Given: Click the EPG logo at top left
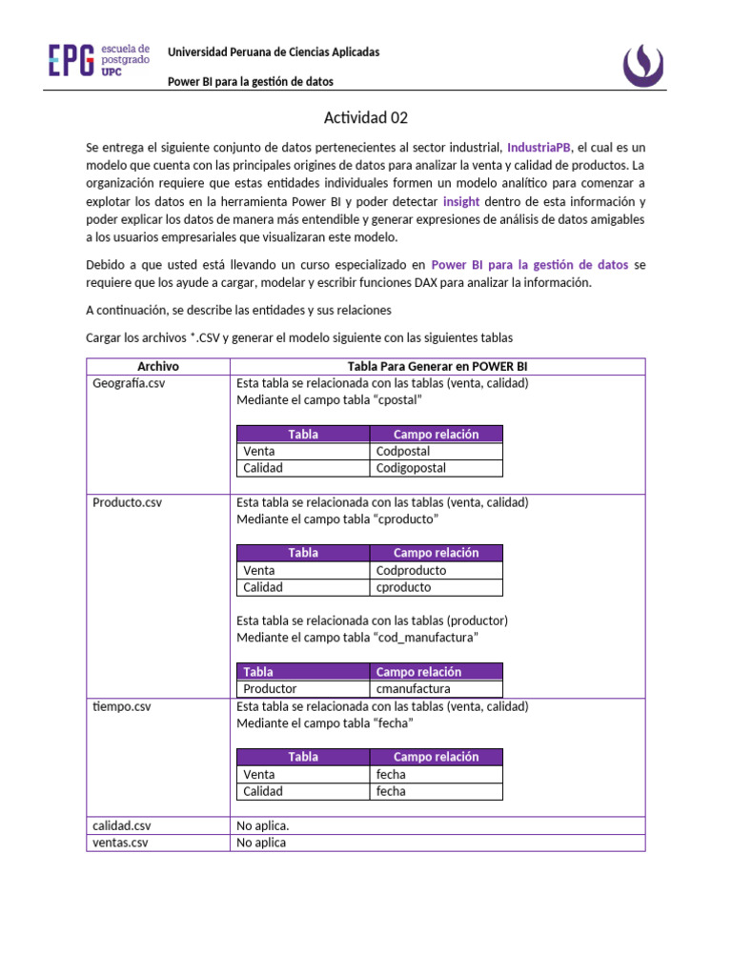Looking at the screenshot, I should tap(99, 60).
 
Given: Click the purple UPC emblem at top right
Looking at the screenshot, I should tap(651, 64).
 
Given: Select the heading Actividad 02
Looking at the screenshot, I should tap(366, 118).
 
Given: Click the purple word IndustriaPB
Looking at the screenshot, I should tap(539, 148).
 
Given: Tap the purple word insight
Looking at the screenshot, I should tap(461, 202).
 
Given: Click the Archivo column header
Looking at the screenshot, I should tap(157, 366).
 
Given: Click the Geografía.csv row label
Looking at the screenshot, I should tap(128, 383).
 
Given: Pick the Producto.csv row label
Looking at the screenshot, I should tap(127, 502).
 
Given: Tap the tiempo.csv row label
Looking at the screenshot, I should tap(122, 706).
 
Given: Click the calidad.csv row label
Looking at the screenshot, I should tap(122, 825).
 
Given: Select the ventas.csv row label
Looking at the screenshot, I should tap(120, 843).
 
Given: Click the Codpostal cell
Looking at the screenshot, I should tap(403, 451).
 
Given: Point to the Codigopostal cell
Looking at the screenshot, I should tap(411, 468).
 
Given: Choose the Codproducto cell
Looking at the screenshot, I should tap(411, 570).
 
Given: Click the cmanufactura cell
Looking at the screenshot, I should tap(413, 688).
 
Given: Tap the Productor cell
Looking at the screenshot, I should tap(270, 688).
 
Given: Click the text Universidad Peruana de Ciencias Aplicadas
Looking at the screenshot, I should tap(274, 52).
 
